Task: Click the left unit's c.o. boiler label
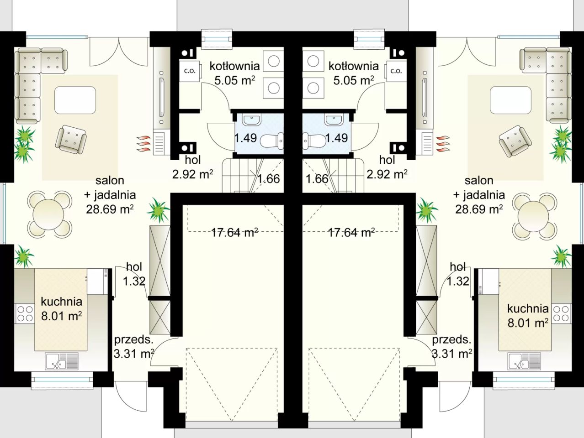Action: (x=190, y=71)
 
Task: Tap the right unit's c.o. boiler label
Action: (x=396, y=71)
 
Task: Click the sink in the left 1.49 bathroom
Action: (x=252, y=120)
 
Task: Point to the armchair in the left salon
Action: (x=71, y=139)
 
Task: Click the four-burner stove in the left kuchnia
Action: (x=25, y=314)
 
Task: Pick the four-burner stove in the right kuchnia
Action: (x=562, y=314)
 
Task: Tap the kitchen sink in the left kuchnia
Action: (x=62, y=361)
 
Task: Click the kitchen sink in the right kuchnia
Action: (x=524, y=361)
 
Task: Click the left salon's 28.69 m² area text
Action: (x=110, y=209)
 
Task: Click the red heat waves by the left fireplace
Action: (x=144, y=144)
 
